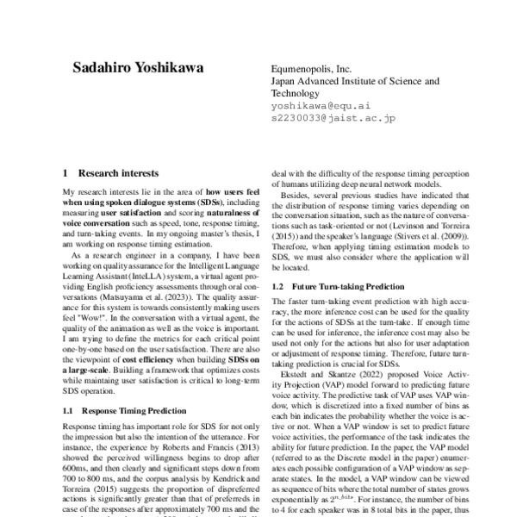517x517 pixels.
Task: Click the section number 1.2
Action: coord(278,284)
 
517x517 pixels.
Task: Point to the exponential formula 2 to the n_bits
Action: coord(348,496)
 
